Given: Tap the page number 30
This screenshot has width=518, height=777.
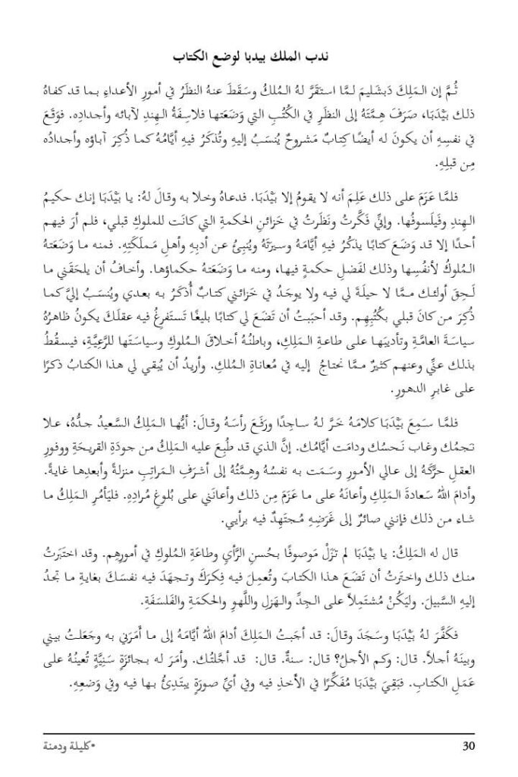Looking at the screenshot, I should click(x=468, y=745).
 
